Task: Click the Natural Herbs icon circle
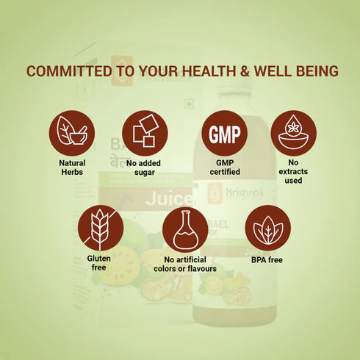click(x=72, y=133)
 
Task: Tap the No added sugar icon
click(x=145, y=133)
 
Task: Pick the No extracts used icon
click(x=293, y=133)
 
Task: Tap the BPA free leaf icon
click(x=266, y=228)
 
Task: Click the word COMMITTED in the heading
click(x=70, y=72)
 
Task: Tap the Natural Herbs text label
click(x=72, y=168)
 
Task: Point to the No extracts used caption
click(x=293, y=173)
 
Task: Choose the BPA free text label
click(x=266, y=259)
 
